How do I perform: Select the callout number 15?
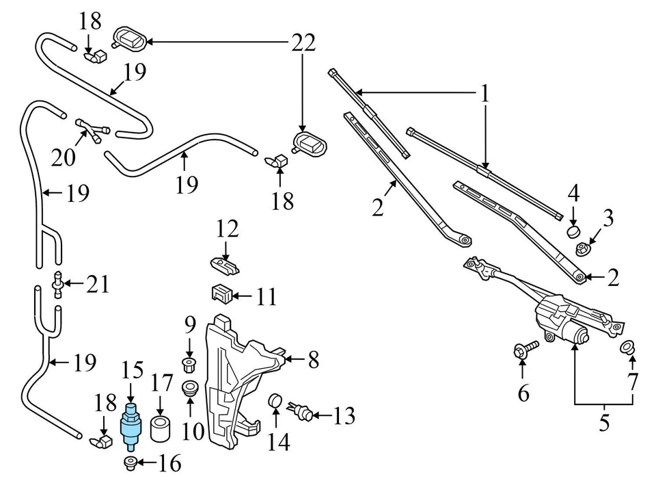pyautogui.click(x=133, y=371)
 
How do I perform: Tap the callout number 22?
pyautogui.click(x=302, y=42)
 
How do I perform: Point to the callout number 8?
pyautogui.click(x=313, y=360)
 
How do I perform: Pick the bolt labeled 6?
pyautogui.click(x=520, y=351)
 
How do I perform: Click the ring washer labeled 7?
pyautogui.click(x=627, y=348)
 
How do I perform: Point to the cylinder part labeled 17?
pyautogui.click(x=162, y=428)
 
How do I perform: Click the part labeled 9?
pyautogui.click(x=189, y=361)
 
